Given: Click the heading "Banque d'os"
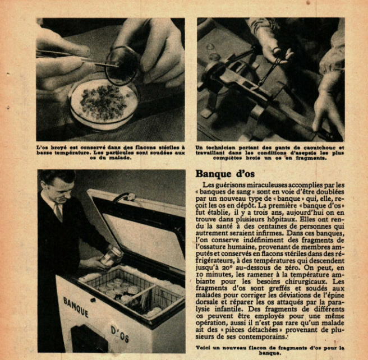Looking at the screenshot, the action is point(225,174).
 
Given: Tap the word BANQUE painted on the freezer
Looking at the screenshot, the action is point(76,307).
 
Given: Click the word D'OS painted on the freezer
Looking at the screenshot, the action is point(120,334).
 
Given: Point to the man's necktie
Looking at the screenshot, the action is point(58,213).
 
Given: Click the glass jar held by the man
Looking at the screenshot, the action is point(112,256).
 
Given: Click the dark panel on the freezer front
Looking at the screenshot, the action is point(89,339).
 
